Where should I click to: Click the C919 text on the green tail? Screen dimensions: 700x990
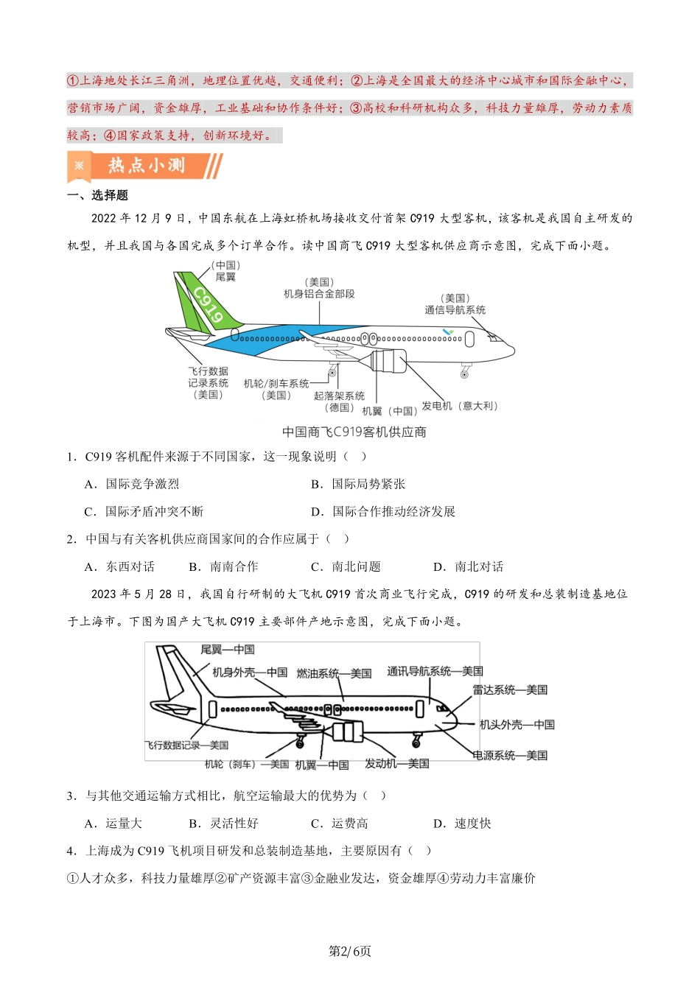[209, 305]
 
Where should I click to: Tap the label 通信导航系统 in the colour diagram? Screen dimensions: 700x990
[455, 310]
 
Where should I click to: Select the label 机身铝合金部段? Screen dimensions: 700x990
[319, 293]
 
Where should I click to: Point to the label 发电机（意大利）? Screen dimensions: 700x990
[460, 406]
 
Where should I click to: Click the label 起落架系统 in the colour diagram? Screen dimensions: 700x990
[339, 396]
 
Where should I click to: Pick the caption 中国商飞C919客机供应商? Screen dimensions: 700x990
[354, 432]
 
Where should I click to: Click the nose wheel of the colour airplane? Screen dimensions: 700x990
[464, 375]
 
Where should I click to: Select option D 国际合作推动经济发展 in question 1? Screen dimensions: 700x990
[383, 511]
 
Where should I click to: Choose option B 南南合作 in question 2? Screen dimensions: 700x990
[223, 566]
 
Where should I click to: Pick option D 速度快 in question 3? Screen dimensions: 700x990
[462, 824]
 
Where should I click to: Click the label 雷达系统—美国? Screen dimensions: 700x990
[510, 689]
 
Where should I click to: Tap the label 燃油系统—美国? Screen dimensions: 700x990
[334, 673]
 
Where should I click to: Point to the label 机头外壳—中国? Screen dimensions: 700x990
[517, 724]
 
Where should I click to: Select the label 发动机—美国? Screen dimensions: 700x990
[396, 763]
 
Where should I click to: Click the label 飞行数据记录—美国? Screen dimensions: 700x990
[186, 745]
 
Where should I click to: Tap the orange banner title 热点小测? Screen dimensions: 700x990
[147, 165]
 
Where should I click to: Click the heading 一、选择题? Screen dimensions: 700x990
[97, 195]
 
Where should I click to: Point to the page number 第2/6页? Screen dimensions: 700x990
[350, 951]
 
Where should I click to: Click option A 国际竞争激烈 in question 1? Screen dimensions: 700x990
[132, 484]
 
